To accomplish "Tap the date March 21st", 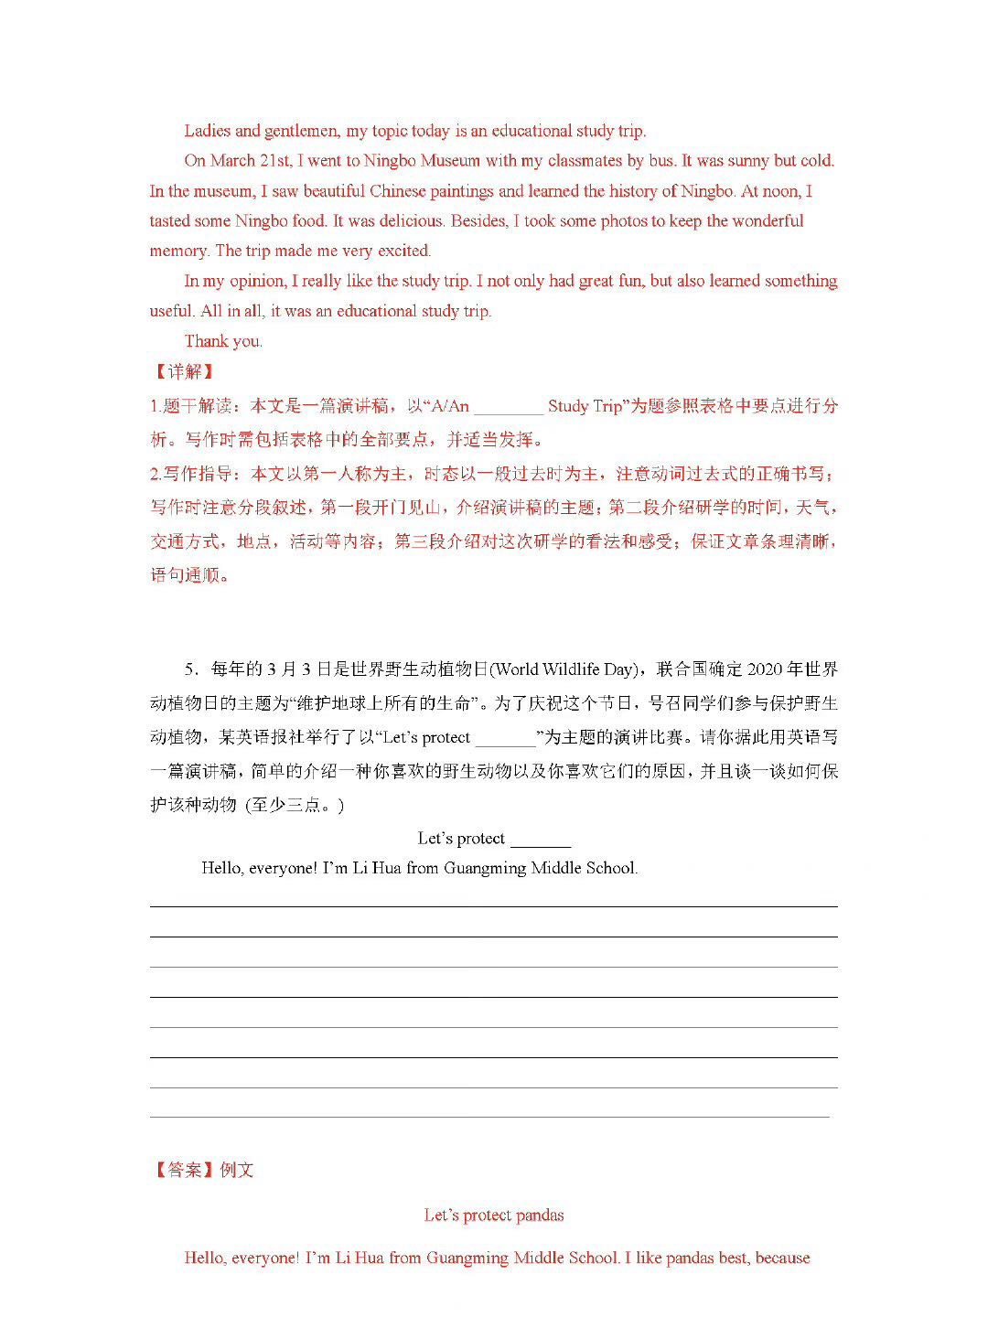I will pyautogui.click(x=251, y=161).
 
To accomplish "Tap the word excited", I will pyautogui.click(x=403, y=251).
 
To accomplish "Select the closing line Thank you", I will pyautogui.click(x=223, y=341).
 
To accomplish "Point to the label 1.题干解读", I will pyautogui.click(x=191, y=406).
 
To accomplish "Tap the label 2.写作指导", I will pyautogui.click(x=191, y=474).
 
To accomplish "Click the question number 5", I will pyautogui.click(x=190, y=669).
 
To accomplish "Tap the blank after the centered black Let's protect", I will pyautogui.click(x=541, y=840).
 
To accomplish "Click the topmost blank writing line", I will pyautogui.click(x=494, y=905).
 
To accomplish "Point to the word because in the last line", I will pyautogui.click(x=782, y=1258).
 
